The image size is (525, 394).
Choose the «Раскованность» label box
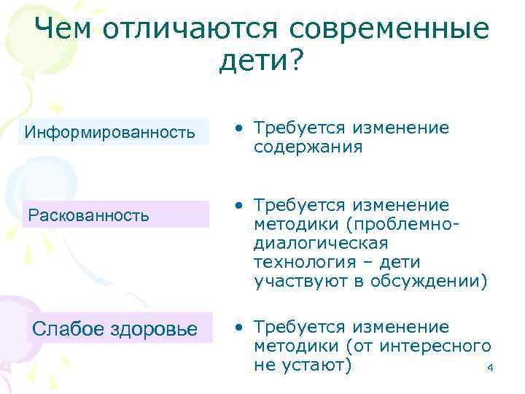pos(116,215)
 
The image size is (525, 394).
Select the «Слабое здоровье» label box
pos(116,329)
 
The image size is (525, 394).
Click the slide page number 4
pos(490,368)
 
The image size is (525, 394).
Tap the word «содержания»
pos(308,147)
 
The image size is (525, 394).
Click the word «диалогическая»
pos(322,242)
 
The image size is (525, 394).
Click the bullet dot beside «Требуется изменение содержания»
pos(239,129)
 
